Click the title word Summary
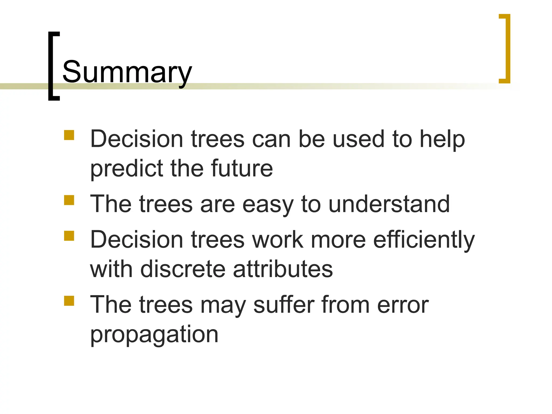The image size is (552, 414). (127, 72)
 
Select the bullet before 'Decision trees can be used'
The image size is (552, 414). (69, 135)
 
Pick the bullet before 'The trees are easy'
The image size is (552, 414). (69, 200)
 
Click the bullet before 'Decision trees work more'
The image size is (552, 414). (69, 236)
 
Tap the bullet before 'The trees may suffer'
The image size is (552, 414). (69, 301)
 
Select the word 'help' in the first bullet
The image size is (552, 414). (442, 140)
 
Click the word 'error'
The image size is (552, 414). (403, 305)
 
